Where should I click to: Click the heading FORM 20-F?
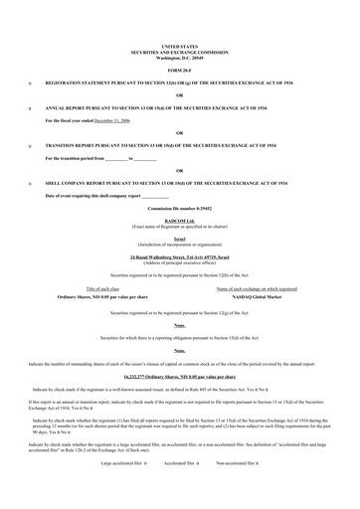[179, 69]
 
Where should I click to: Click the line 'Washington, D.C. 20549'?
[179, 56]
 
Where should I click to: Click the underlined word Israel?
[179, 240]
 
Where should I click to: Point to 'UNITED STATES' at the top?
[179, 46]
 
